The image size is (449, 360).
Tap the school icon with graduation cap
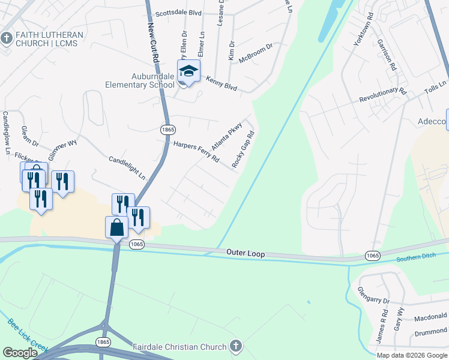coord(188,72)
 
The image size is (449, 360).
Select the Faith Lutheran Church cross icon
coord(7,38)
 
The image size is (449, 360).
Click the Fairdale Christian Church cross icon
coord(236,346)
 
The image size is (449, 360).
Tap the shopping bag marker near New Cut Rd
coord(116,228)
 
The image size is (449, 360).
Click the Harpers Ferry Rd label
coord(196,154)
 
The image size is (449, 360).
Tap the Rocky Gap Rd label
coord(243,150)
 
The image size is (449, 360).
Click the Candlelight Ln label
coord(127,168)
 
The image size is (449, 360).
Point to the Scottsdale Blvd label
coord(178,13)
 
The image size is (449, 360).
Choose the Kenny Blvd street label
coord(221,83)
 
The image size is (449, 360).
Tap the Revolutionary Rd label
coord(382,95)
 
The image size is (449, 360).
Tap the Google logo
coord(20,352)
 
